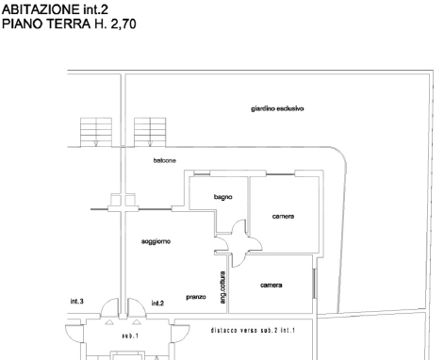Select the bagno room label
222,197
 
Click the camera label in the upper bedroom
283,217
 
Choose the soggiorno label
156,242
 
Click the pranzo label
196,295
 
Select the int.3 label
77,302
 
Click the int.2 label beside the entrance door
157,303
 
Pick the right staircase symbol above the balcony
149,131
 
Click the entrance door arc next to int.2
138,307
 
